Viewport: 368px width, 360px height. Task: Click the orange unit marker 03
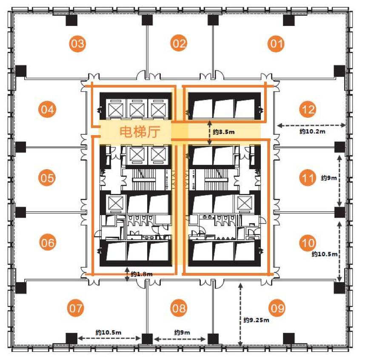[77, 43]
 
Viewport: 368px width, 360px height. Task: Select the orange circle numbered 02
[179, 43]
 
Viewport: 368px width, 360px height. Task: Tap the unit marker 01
[276, 44]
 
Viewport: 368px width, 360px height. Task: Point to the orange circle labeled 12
[308, 109]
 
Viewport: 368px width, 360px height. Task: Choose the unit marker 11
[308, 178]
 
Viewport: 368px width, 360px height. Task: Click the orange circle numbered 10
[308, 243]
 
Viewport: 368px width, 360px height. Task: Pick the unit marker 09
[277, 308]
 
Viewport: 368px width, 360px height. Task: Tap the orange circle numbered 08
[179, 308]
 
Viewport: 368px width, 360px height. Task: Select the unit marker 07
[76, 308]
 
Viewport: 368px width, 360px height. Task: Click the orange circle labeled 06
[48, 242]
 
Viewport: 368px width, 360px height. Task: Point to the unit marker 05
[47, 178]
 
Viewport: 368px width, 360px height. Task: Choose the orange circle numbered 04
[47, 109]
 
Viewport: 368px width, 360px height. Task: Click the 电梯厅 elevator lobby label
[140, 132]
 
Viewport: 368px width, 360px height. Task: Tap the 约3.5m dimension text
[224, 132]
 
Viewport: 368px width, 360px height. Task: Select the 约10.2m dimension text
[312, 131]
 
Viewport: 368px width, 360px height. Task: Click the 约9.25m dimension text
[256, 320]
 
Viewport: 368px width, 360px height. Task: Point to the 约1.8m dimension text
[142, 274]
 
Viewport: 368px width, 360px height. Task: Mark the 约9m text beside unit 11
[329, 178]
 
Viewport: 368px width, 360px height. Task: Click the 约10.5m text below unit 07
[108, 332]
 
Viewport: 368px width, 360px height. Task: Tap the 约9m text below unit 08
[182, 332]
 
